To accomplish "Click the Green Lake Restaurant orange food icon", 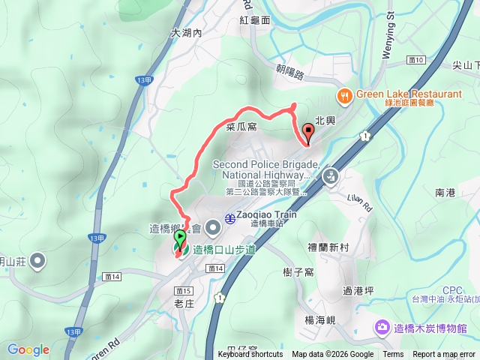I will coord(345,95).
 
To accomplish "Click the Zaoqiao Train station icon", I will coord(229,214).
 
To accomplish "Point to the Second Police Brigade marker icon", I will coord(330,177).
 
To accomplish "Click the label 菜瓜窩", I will coord(241,127).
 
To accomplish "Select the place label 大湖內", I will coord(187,33).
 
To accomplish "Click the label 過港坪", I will coord(357,289).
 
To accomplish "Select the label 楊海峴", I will coord(319,319).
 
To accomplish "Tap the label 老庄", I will coord(184,304).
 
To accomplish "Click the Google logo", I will coord(28,349).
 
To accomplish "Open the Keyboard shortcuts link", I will coord(250,355).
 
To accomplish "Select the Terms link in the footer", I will coord(393,355).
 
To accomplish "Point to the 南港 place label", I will coord(445,193).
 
